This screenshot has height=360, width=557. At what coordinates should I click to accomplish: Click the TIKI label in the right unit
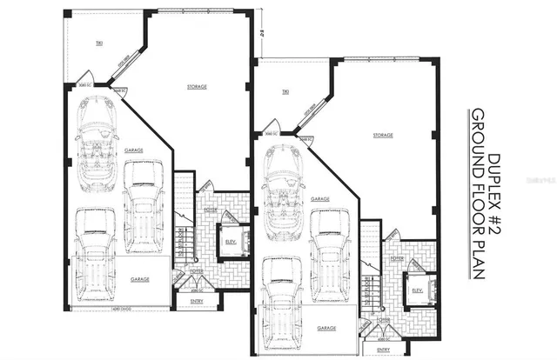coord(284,91)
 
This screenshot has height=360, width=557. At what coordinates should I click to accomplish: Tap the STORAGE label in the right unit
coord(383,136)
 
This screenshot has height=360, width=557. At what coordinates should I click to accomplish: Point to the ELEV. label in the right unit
coord(417,290)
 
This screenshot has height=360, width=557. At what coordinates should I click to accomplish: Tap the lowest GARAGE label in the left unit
coord(139,279)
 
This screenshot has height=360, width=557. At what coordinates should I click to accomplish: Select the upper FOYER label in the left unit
coord(210,209)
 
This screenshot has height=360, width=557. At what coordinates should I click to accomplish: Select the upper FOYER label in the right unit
coord(397,258)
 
